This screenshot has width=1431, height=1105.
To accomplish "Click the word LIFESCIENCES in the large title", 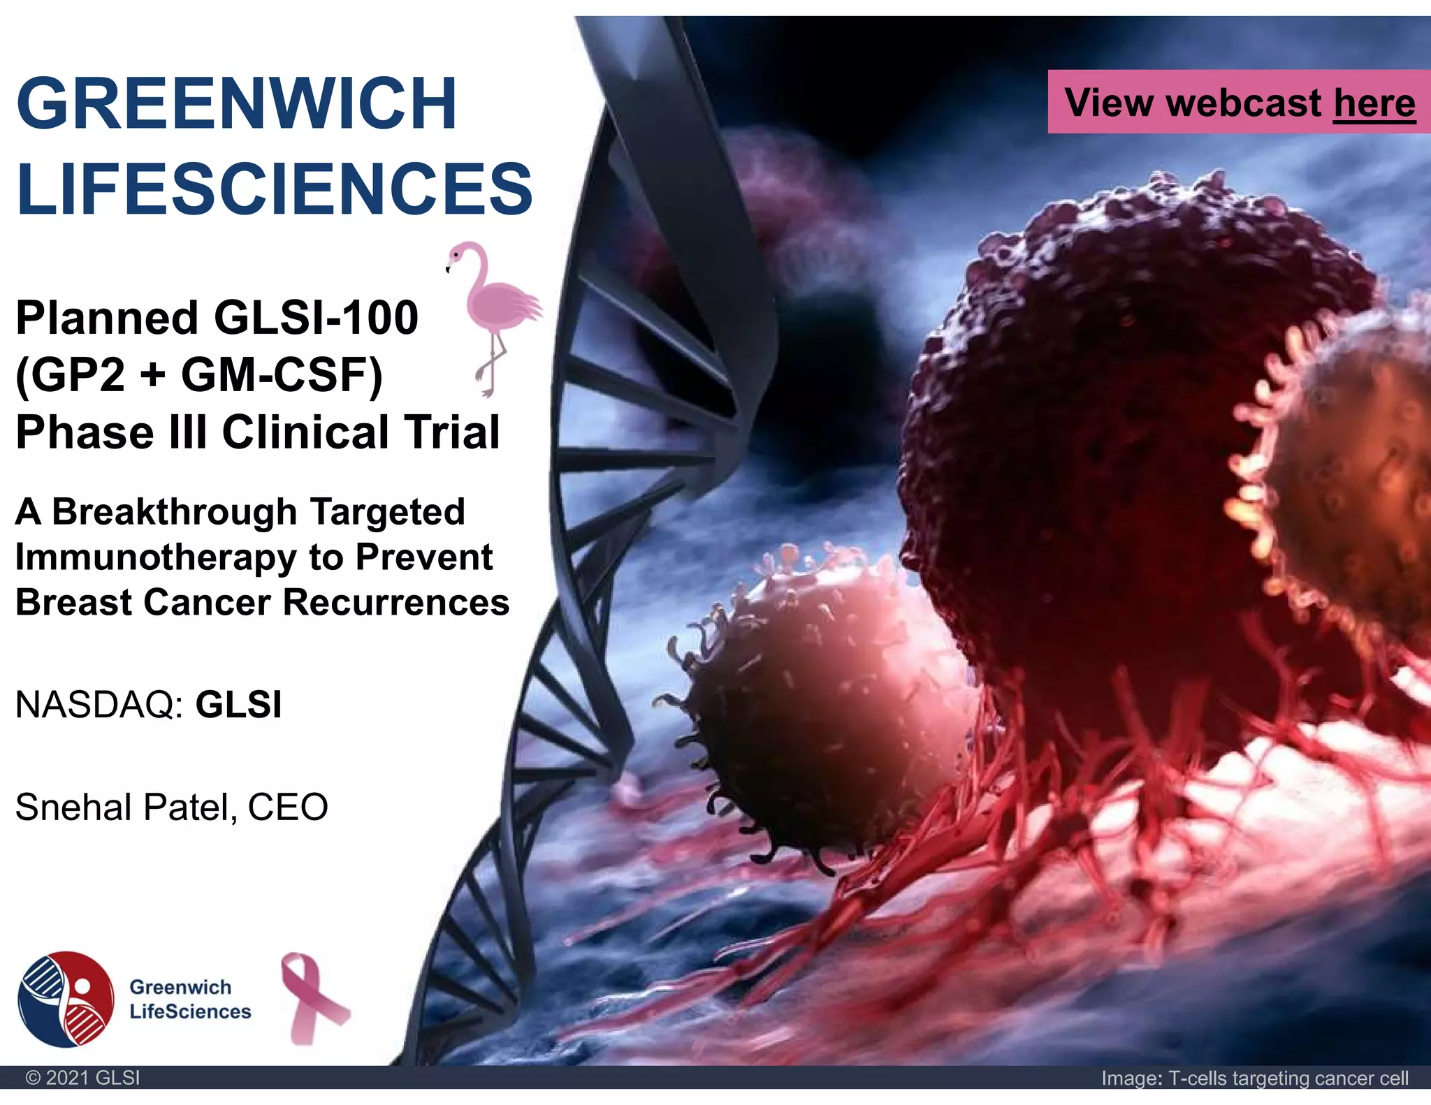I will [x=274, y=189].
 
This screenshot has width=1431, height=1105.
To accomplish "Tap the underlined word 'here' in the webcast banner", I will [x=1374, y=103].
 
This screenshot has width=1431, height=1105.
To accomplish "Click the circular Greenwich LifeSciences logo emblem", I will [x=66, y=999].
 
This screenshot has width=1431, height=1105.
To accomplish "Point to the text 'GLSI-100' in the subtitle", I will [x=316, y=318].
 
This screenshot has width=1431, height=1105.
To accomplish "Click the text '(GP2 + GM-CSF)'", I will [x=198, y=375].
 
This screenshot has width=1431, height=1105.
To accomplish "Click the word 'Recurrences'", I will [x=396, y=602].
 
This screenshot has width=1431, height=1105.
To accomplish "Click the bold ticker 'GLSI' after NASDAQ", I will [x=238, y=704].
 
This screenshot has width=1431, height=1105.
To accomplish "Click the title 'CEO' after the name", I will [x=287, y=807].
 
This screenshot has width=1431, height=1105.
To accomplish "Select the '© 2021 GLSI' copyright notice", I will [x=82, y=1078].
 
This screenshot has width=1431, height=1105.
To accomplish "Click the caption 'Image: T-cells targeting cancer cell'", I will [x=1254, y=1078].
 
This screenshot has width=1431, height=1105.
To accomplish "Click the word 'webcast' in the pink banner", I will [x=1244, y=103].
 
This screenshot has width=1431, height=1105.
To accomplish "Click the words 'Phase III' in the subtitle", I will [x=112, y=432].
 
